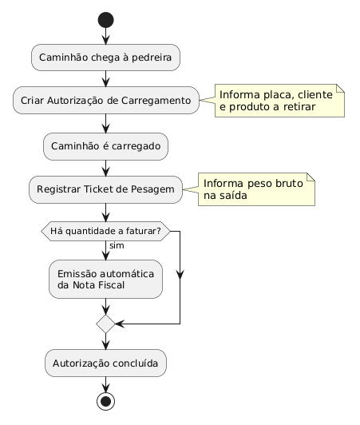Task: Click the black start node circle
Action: point(105,20)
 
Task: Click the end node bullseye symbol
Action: point(105,401)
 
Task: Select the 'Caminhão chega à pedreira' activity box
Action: point(105,58)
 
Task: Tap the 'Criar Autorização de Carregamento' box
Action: point(106,101)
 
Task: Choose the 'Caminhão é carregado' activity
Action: point(105,146)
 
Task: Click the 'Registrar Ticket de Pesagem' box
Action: point(105,189)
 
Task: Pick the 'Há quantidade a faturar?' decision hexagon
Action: point(105,231)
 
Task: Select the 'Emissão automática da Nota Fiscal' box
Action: point(105,279)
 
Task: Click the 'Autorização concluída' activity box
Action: point(105,363)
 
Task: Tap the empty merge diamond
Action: point(105,324)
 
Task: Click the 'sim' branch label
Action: point(117,245)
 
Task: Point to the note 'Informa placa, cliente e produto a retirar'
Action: point(279,101)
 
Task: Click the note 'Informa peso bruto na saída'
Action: point(256,189)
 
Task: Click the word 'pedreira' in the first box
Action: point(152,58)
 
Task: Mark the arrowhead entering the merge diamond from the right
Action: point(120,324)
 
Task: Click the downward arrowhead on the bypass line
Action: point(180,275)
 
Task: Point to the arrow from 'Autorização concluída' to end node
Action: point(105,384)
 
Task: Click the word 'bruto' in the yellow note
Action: point(289,184)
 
